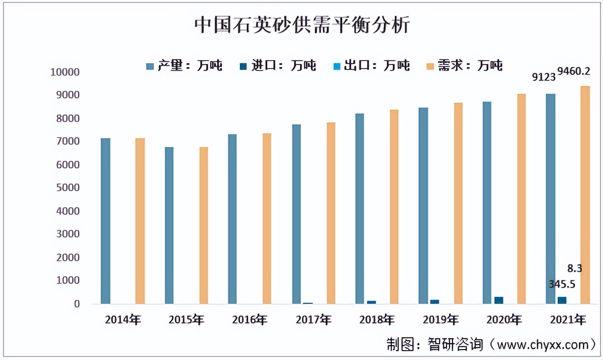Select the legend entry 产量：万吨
[x=184, y=66]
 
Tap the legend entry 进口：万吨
[x=277, y=66]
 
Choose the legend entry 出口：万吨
[x=371, y=66]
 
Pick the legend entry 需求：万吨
[x=464, y=66]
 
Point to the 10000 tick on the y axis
[x=65, y=72]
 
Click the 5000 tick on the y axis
[x=67, y=188]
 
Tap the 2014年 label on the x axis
[x=123, y=320]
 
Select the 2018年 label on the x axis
[x=377, y=320]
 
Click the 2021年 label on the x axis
[x=568, y=320]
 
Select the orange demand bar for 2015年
[x=204, y=225]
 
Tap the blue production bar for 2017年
[x=296, y=214]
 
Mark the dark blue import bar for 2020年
[x=499, y=300]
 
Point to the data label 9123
[x=544, y=77]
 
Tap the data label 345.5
[x=562, y=285]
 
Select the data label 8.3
[x=574, y=269]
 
